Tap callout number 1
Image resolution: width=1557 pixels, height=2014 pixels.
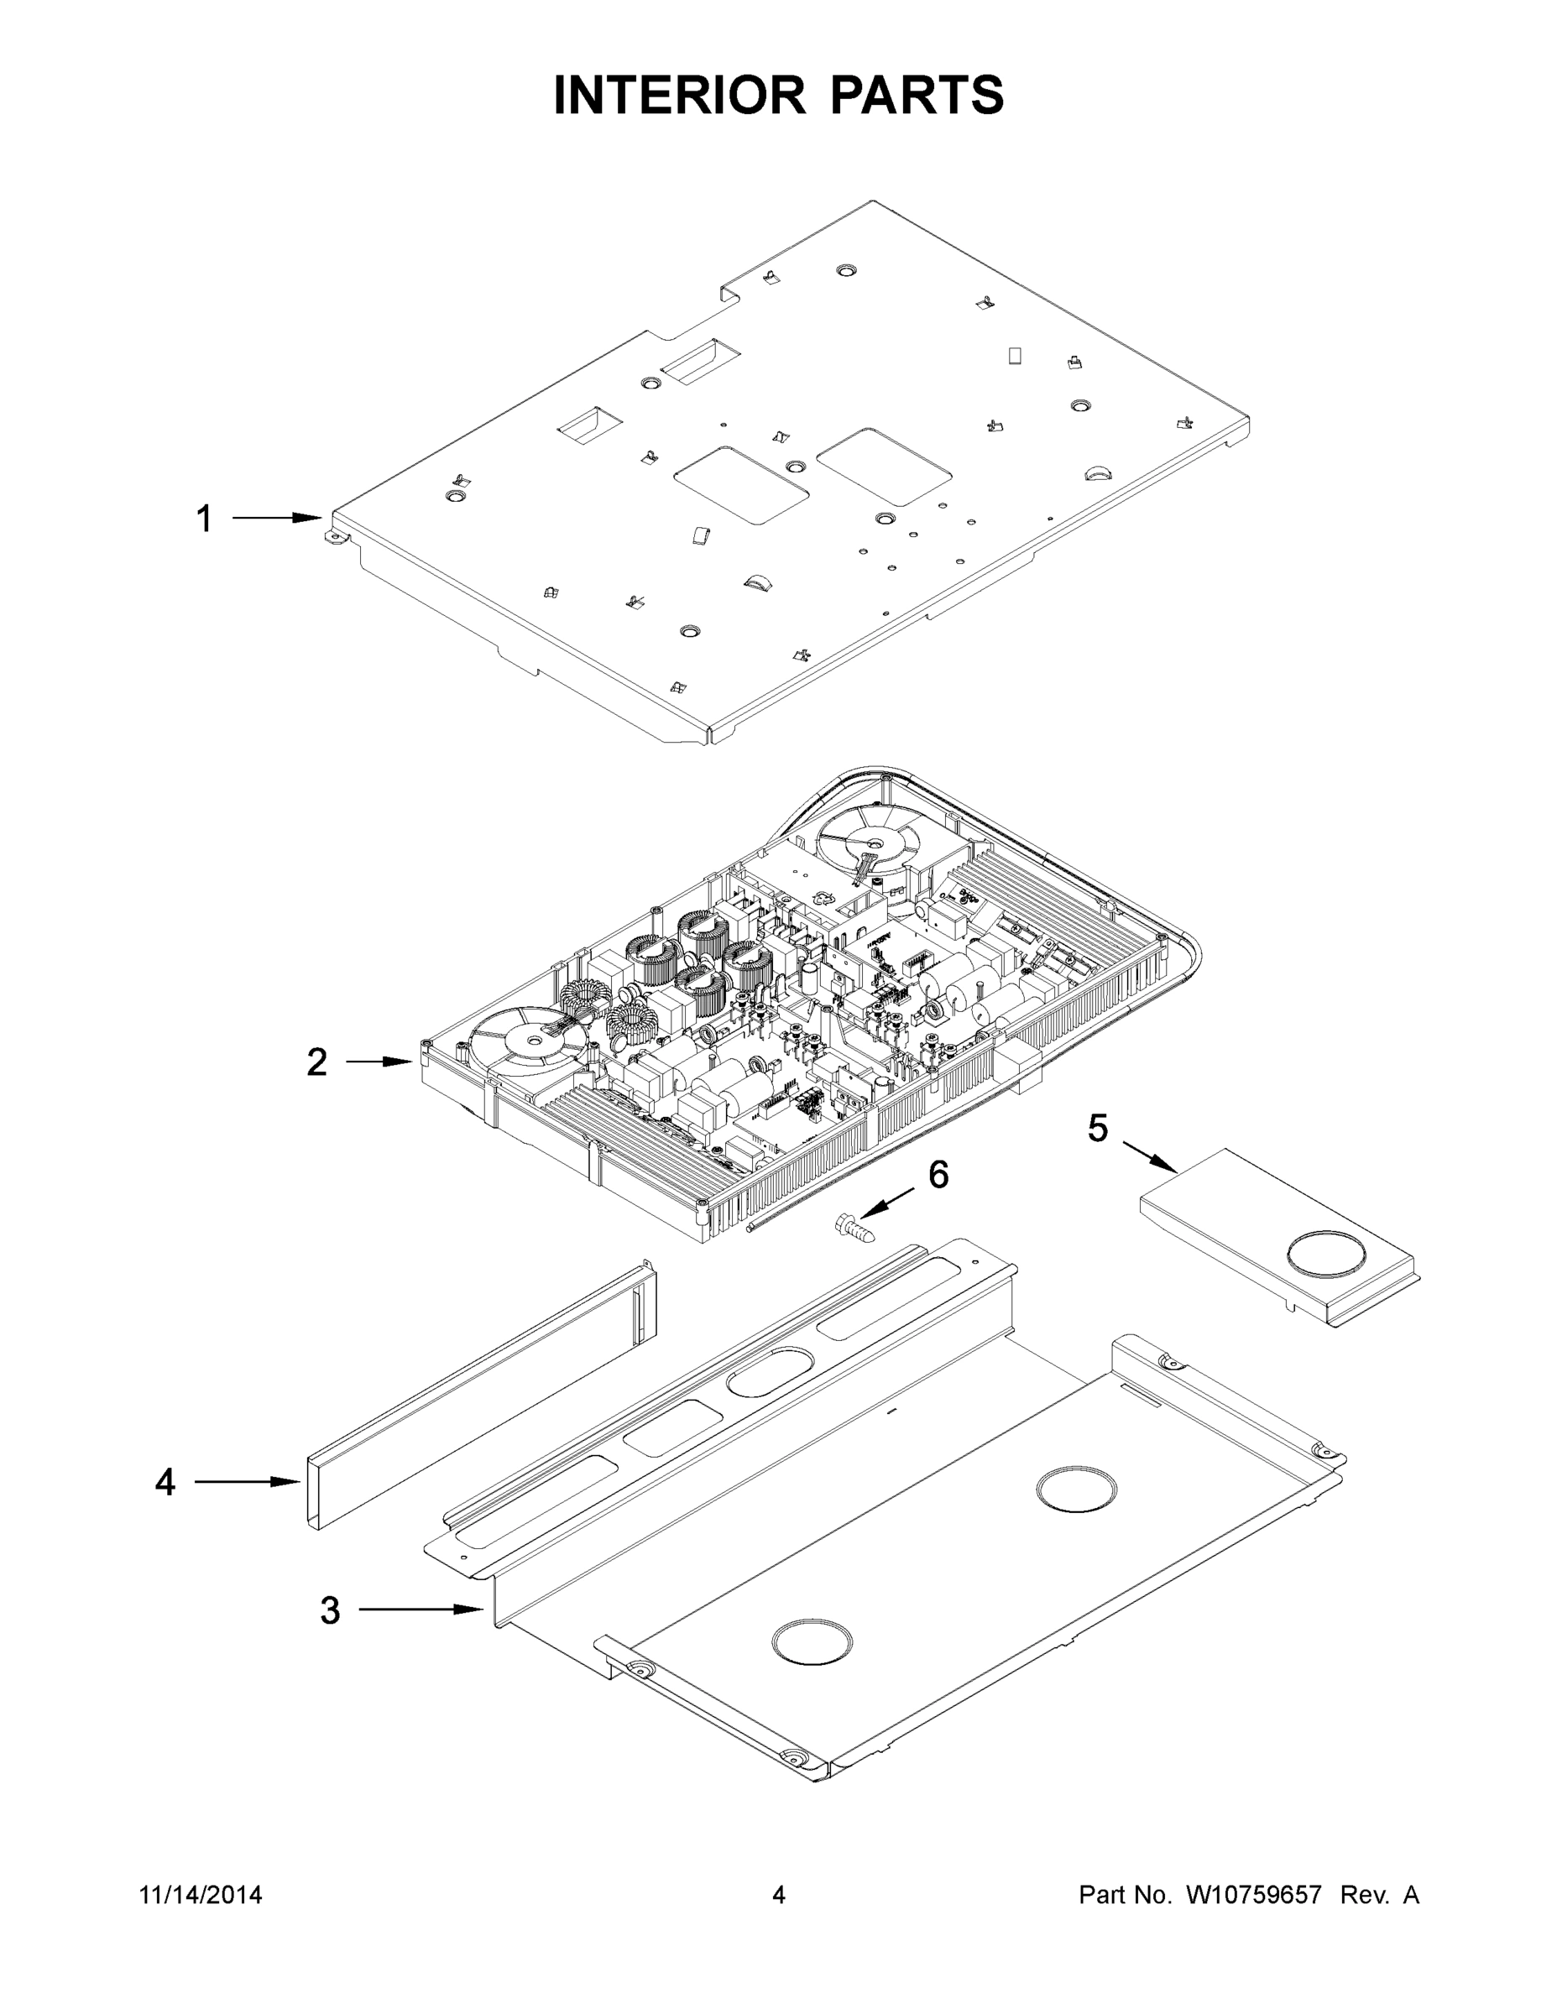[204, 519]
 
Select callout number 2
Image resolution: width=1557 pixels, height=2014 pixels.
[316, 1062]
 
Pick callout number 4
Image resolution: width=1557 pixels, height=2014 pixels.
[165, 1482]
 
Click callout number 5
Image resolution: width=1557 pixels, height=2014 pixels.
[1097, 1128]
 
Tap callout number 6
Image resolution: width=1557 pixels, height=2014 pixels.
[938, 1175]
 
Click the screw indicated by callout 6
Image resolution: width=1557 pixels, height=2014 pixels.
[854, 1227]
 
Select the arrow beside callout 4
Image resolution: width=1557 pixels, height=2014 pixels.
[245, 1482]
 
